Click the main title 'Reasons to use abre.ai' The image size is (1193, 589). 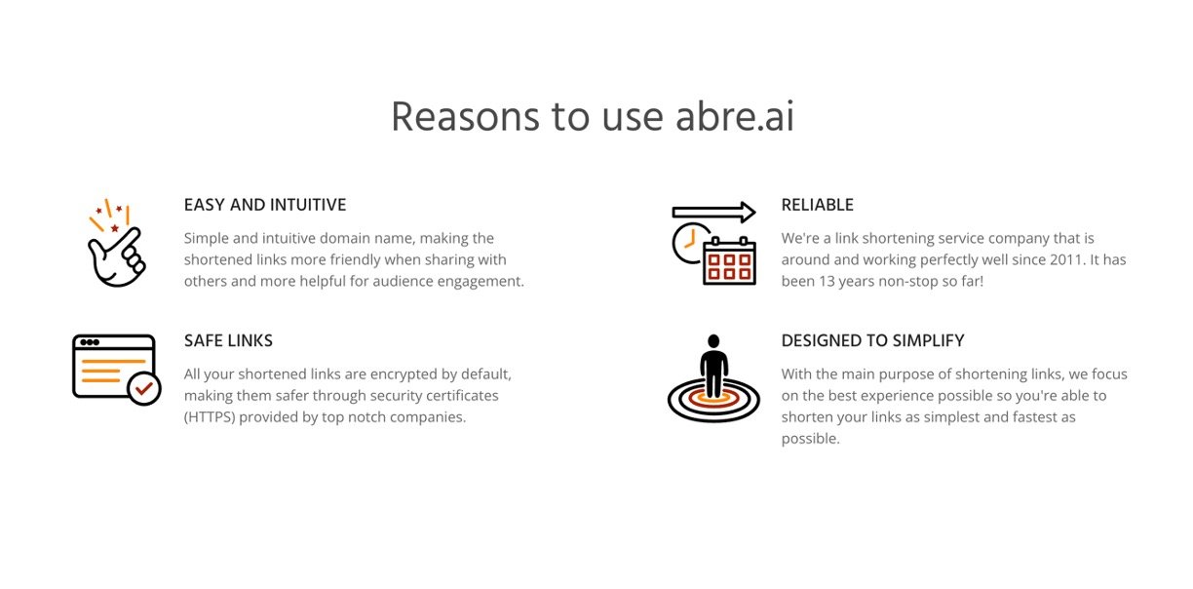593,116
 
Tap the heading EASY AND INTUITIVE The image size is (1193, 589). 265,205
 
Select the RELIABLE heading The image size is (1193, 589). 817,205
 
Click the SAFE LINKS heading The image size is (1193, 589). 228,340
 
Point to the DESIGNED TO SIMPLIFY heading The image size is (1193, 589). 872,340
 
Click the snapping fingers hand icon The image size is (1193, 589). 117,243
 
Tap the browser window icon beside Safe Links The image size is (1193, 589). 116,369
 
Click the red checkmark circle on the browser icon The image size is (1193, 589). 144,389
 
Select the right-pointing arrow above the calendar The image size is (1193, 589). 713,213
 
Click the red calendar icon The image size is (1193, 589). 729,261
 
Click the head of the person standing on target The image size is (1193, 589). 713,341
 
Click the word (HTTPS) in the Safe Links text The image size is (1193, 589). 210,417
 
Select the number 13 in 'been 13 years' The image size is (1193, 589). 827,281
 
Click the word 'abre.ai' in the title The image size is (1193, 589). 735,116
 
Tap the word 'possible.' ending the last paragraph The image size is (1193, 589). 811,439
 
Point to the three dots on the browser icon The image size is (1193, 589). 89,342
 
